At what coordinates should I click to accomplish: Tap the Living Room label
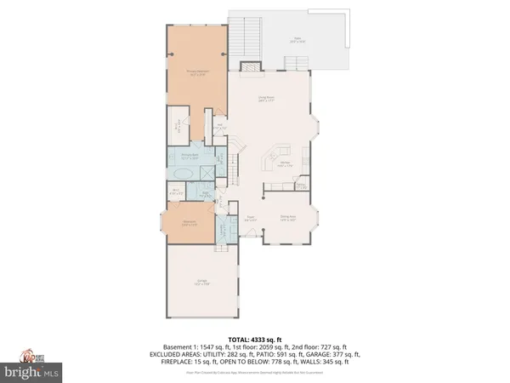point(271,99)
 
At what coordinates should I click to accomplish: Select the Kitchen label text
point(286,164)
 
